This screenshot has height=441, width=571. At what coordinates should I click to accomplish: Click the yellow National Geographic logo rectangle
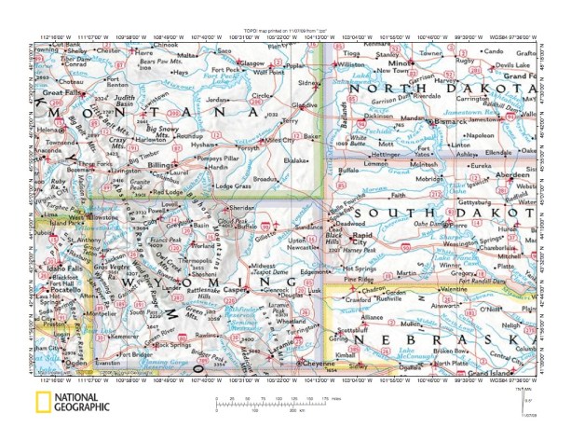(43, 404)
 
